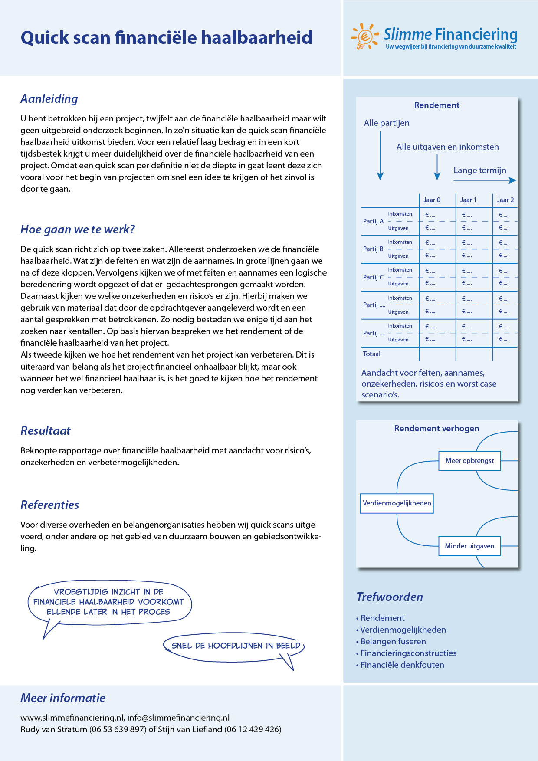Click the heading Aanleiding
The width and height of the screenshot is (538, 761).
[x=49, y=99]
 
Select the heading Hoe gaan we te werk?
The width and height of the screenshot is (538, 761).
[x=78, y=230]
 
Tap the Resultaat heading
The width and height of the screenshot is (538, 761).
[x=45, y=431]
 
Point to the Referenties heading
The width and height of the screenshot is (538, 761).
[x=49, y=505]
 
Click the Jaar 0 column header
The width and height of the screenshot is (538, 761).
[x=432, y=200]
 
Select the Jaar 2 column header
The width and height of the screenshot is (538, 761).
[x=505, y=200]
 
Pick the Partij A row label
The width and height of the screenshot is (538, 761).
[x=373, y=221]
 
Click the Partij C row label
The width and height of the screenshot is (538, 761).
[x=373, y=277]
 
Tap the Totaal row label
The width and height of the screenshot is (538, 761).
[x=371, y=354]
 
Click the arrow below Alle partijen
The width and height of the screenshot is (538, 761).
[x=380, y=156]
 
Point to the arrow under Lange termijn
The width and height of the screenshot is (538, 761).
[x=485, y=180]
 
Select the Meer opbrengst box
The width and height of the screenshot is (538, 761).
[x=469, y=461]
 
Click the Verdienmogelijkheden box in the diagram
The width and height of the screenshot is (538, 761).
[x=397, y=503]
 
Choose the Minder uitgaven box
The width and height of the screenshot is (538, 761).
[x=469, y=546]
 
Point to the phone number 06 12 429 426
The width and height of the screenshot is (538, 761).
[x=253, y=730]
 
